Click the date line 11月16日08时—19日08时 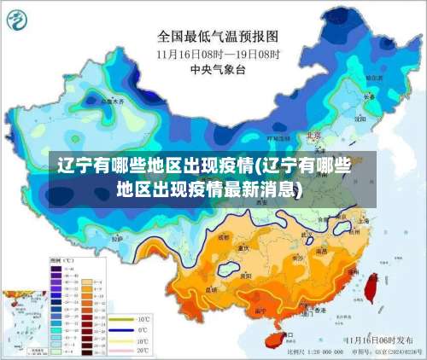pyautogui.click(x=219, y=53)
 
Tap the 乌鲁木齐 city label pyautogui.click(x=112, y=101)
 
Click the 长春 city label pyautogui.click(x=369, y=96)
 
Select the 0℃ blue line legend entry pyautogui.click(x=126, y=328)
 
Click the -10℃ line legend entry pyautogui.click(x=126, y=317)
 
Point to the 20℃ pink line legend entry pyautogui.click(x=126, y=349)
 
